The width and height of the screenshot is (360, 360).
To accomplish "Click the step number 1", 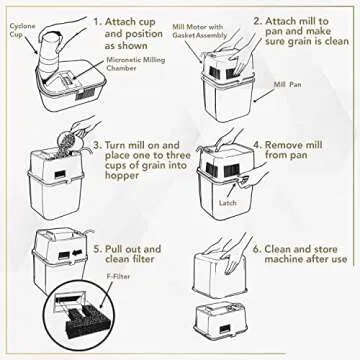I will pyautogui.click(x=96, y=19).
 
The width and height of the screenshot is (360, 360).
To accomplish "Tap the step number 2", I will pyautogui.click(x=258, y=19).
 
